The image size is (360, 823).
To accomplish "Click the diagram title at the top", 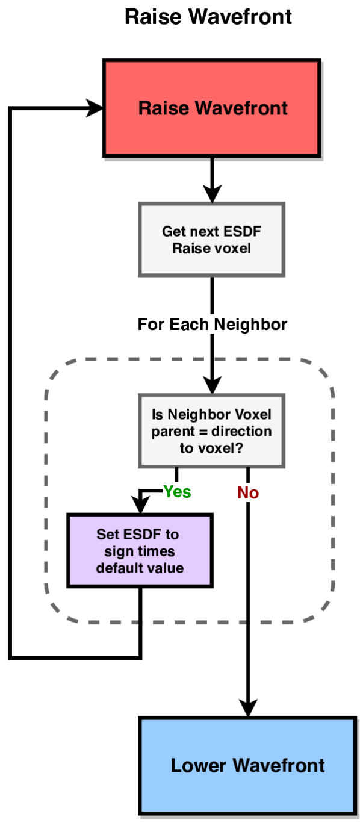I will point(208,17).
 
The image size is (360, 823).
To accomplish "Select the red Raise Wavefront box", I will point(212,108).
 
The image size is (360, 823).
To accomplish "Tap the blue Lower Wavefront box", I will point(247,765).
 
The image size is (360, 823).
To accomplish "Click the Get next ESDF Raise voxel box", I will point(211,240).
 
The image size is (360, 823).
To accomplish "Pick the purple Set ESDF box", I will point(140,551).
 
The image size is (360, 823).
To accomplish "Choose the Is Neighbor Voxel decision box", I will point(211,431).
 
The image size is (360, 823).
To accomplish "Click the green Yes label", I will point(177,492).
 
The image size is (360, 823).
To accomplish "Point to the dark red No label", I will point(248,493).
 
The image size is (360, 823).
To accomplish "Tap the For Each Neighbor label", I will point(212,325).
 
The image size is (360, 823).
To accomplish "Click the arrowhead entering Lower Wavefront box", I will point(247,708).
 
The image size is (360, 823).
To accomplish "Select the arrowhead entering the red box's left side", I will point(95,108).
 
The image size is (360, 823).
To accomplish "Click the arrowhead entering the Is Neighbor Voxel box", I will point(211,385).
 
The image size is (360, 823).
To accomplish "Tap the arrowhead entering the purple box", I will point(140,506).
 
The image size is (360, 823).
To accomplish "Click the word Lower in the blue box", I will point(199,765).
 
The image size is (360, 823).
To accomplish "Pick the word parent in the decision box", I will point(173,432).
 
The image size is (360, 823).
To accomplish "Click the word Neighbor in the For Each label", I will point(250,325).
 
